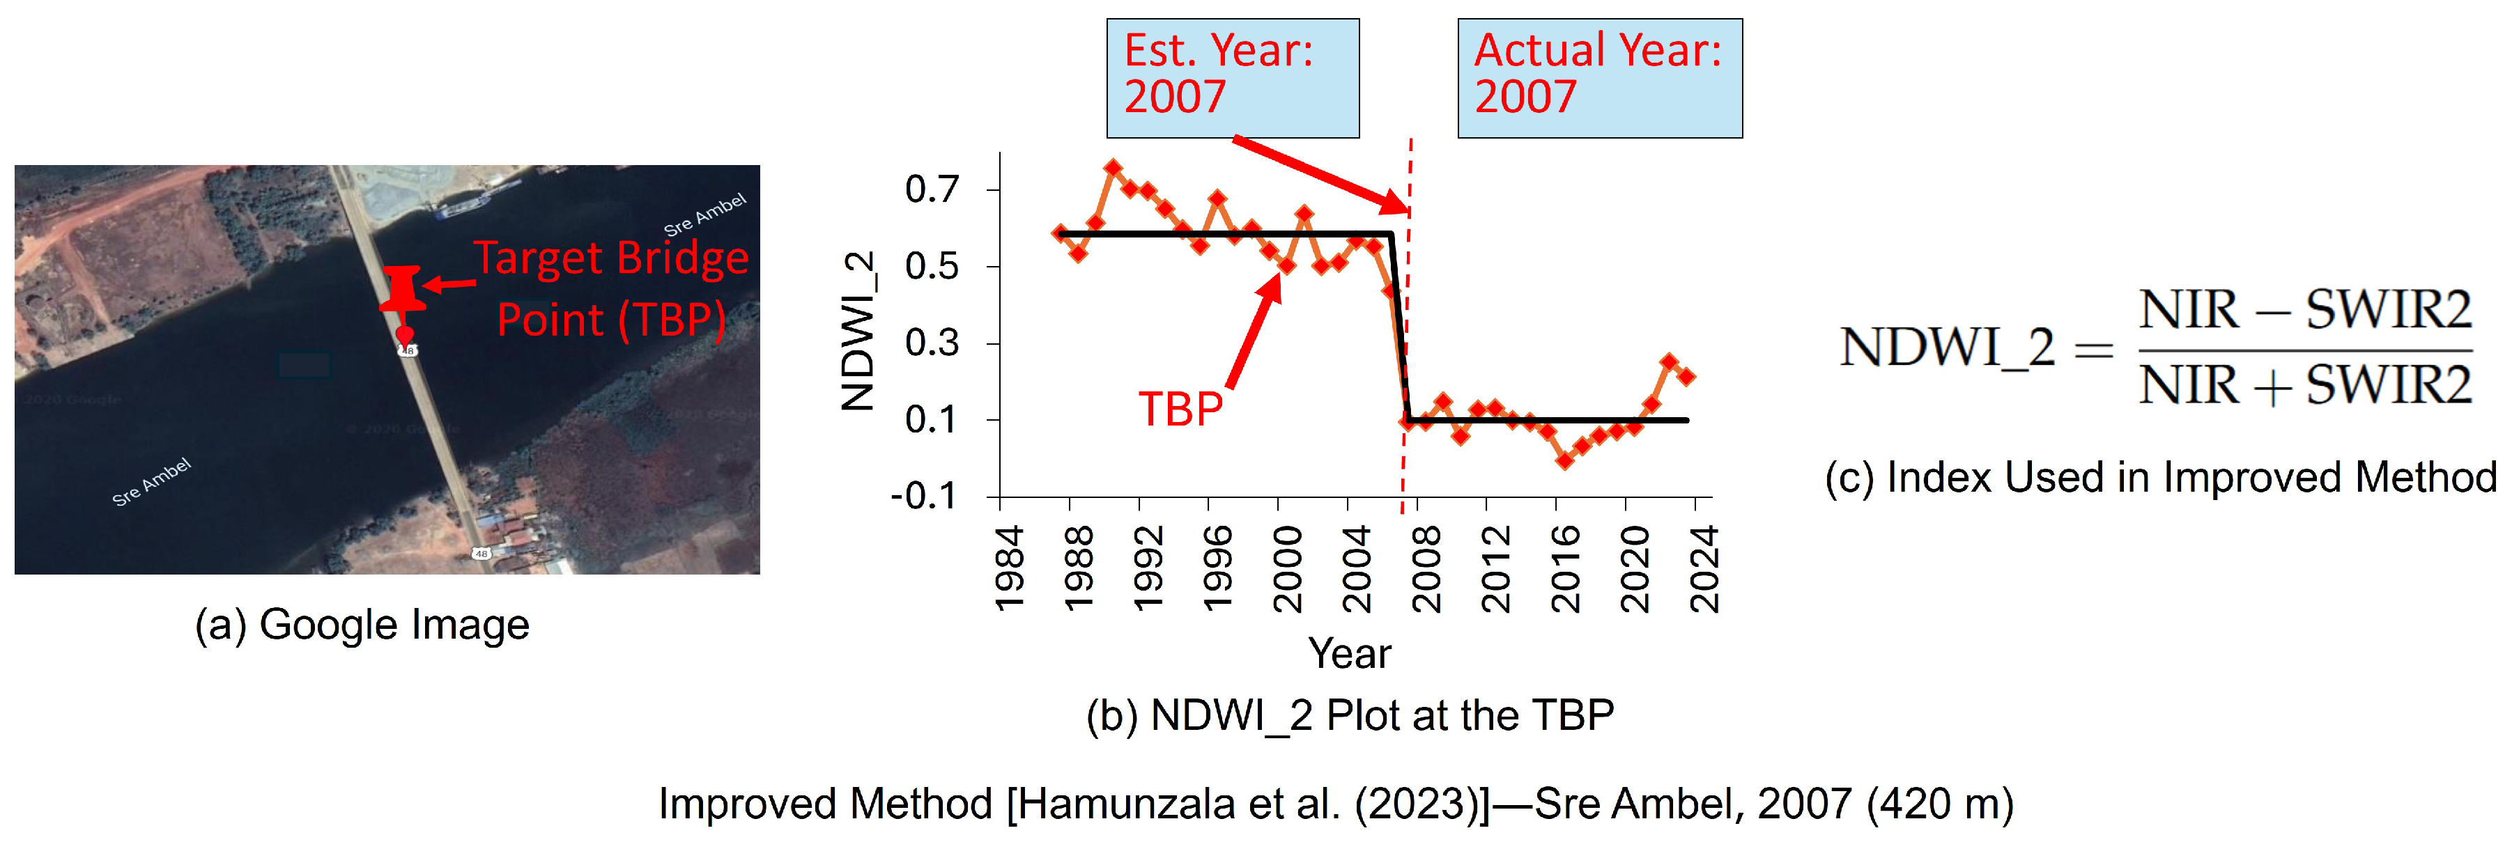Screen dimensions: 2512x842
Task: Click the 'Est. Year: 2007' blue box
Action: tap(1233, 78)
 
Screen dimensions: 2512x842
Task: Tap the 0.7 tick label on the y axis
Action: tap(932, 189)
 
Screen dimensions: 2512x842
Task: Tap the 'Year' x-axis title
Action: tap(1350, 653)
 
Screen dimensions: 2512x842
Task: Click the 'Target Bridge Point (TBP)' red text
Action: tap(611, 290)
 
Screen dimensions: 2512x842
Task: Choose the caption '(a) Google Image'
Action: tap(362, 625)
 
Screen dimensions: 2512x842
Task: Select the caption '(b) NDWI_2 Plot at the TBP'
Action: tap(1350, 715)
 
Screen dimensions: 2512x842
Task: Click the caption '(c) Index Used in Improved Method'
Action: tap(2161, 478)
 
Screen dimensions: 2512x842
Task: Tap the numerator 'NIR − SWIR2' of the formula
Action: tap(2305, 311)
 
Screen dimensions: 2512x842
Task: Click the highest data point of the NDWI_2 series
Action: tap(1113, 169)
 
